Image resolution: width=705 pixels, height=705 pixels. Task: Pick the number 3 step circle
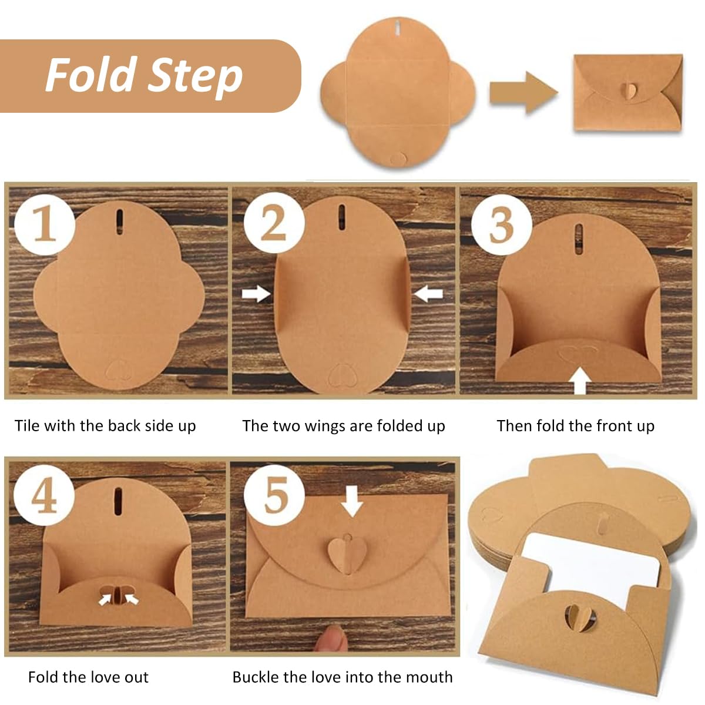click(501, 225)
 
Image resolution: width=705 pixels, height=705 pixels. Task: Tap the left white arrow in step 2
click(256, 293)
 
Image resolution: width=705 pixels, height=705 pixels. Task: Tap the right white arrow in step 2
click(428, 293)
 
